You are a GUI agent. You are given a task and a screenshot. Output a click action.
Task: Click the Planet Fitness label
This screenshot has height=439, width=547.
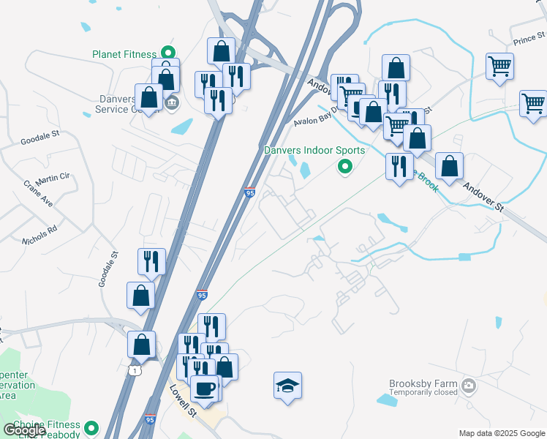pos(124,54)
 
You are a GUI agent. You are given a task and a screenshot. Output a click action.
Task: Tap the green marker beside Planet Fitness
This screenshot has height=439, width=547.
pos(167,53)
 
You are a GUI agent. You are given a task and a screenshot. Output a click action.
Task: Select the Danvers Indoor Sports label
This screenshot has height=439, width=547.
pos(314,151)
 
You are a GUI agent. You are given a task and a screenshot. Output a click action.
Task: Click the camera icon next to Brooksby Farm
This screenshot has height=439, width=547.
pos(468,386)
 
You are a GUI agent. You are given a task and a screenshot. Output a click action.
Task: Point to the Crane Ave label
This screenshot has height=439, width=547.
pos(37,193)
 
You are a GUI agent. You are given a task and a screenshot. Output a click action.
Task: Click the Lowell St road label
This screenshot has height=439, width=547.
pos(184,402)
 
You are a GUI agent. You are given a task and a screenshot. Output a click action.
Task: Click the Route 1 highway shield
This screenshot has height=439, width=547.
pos(133,371)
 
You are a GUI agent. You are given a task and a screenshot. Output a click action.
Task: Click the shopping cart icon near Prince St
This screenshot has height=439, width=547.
pos(500,67)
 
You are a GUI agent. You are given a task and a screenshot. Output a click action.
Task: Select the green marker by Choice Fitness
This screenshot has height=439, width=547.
pos(91,427)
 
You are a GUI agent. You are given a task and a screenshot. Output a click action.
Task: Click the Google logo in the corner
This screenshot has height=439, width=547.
pos(24,430)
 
